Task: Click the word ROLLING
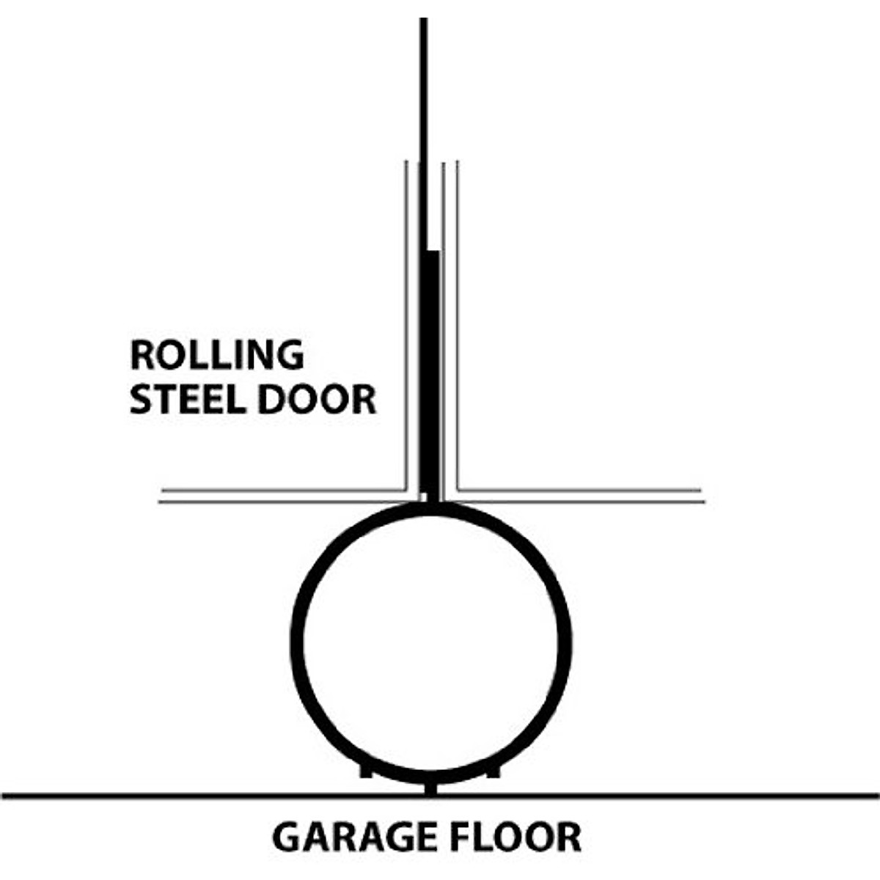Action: point(216,356)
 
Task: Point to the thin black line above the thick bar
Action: point(423,132)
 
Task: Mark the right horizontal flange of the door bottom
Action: point(579,496)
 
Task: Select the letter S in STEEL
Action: point(139,400)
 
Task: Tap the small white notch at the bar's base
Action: point(423,496)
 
